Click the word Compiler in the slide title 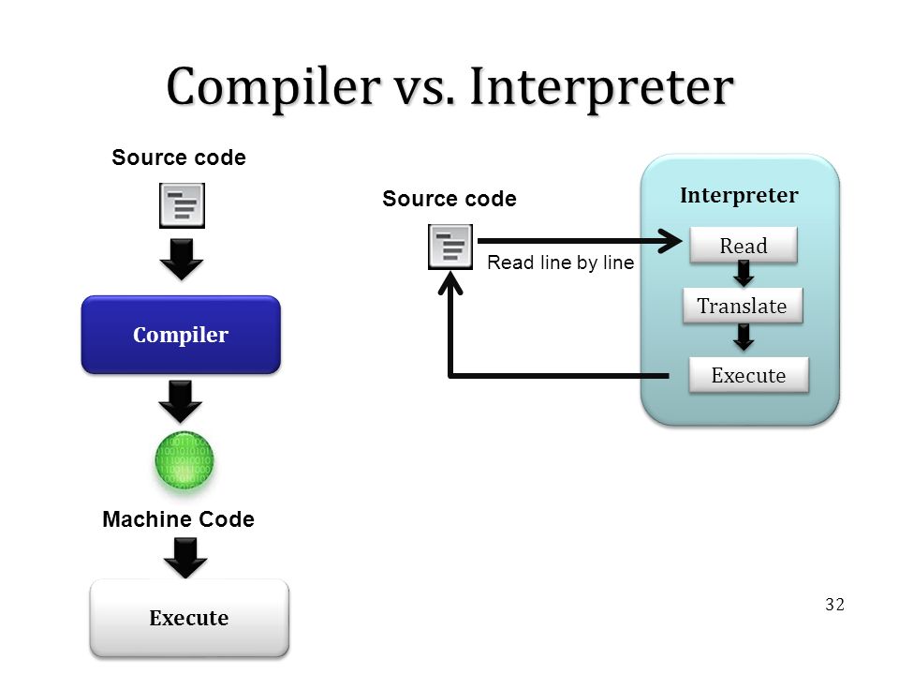click(273, 86)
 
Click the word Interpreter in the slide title click(601, 86)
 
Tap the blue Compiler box click(181, 335)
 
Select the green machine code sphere click(184, 460)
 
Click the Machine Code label click(178, 518)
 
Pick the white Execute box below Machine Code click(189, 618)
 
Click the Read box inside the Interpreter click(744, 245)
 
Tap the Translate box click(743, 306)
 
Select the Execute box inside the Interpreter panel click(749, 375)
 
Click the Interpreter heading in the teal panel click(739, 195)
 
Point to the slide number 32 click(834, 605)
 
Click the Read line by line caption click(561, 262)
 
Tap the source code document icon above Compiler click(183, 205)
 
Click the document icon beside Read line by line click(450, 247)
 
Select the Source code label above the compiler click(179, 157)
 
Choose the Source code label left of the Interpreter click(449, 199)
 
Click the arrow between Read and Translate click(744, 274)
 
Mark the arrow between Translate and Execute click(744, 337)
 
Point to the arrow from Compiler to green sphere click(181, 401)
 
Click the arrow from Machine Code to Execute click(185, 558)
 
